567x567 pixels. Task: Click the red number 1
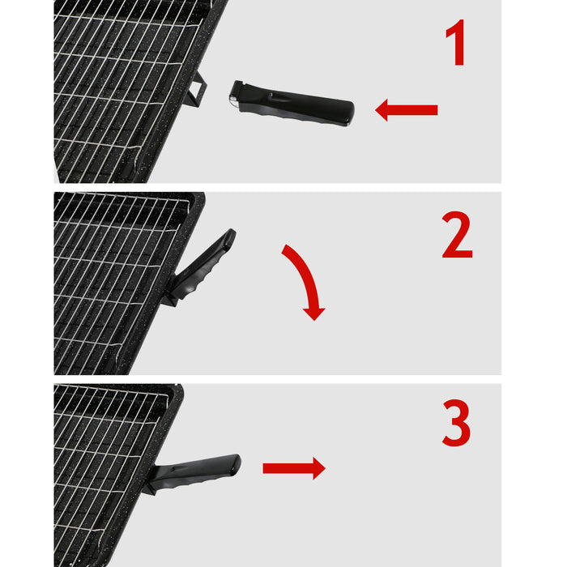pyautogui.click(x=456, y=45)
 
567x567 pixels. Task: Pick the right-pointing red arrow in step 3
pyautogui.click(x=293, y=467)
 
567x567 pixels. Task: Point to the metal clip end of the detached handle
pyautogui.click(x=235, y=98)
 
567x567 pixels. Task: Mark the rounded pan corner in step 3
pyautogui.click(x=176, y=391)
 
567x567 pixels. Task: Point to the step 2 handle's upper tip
pyautogui.click(x=230, y=234)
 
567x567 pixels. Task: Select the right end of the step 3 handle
pyautogui.click(x=236, y=463)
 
